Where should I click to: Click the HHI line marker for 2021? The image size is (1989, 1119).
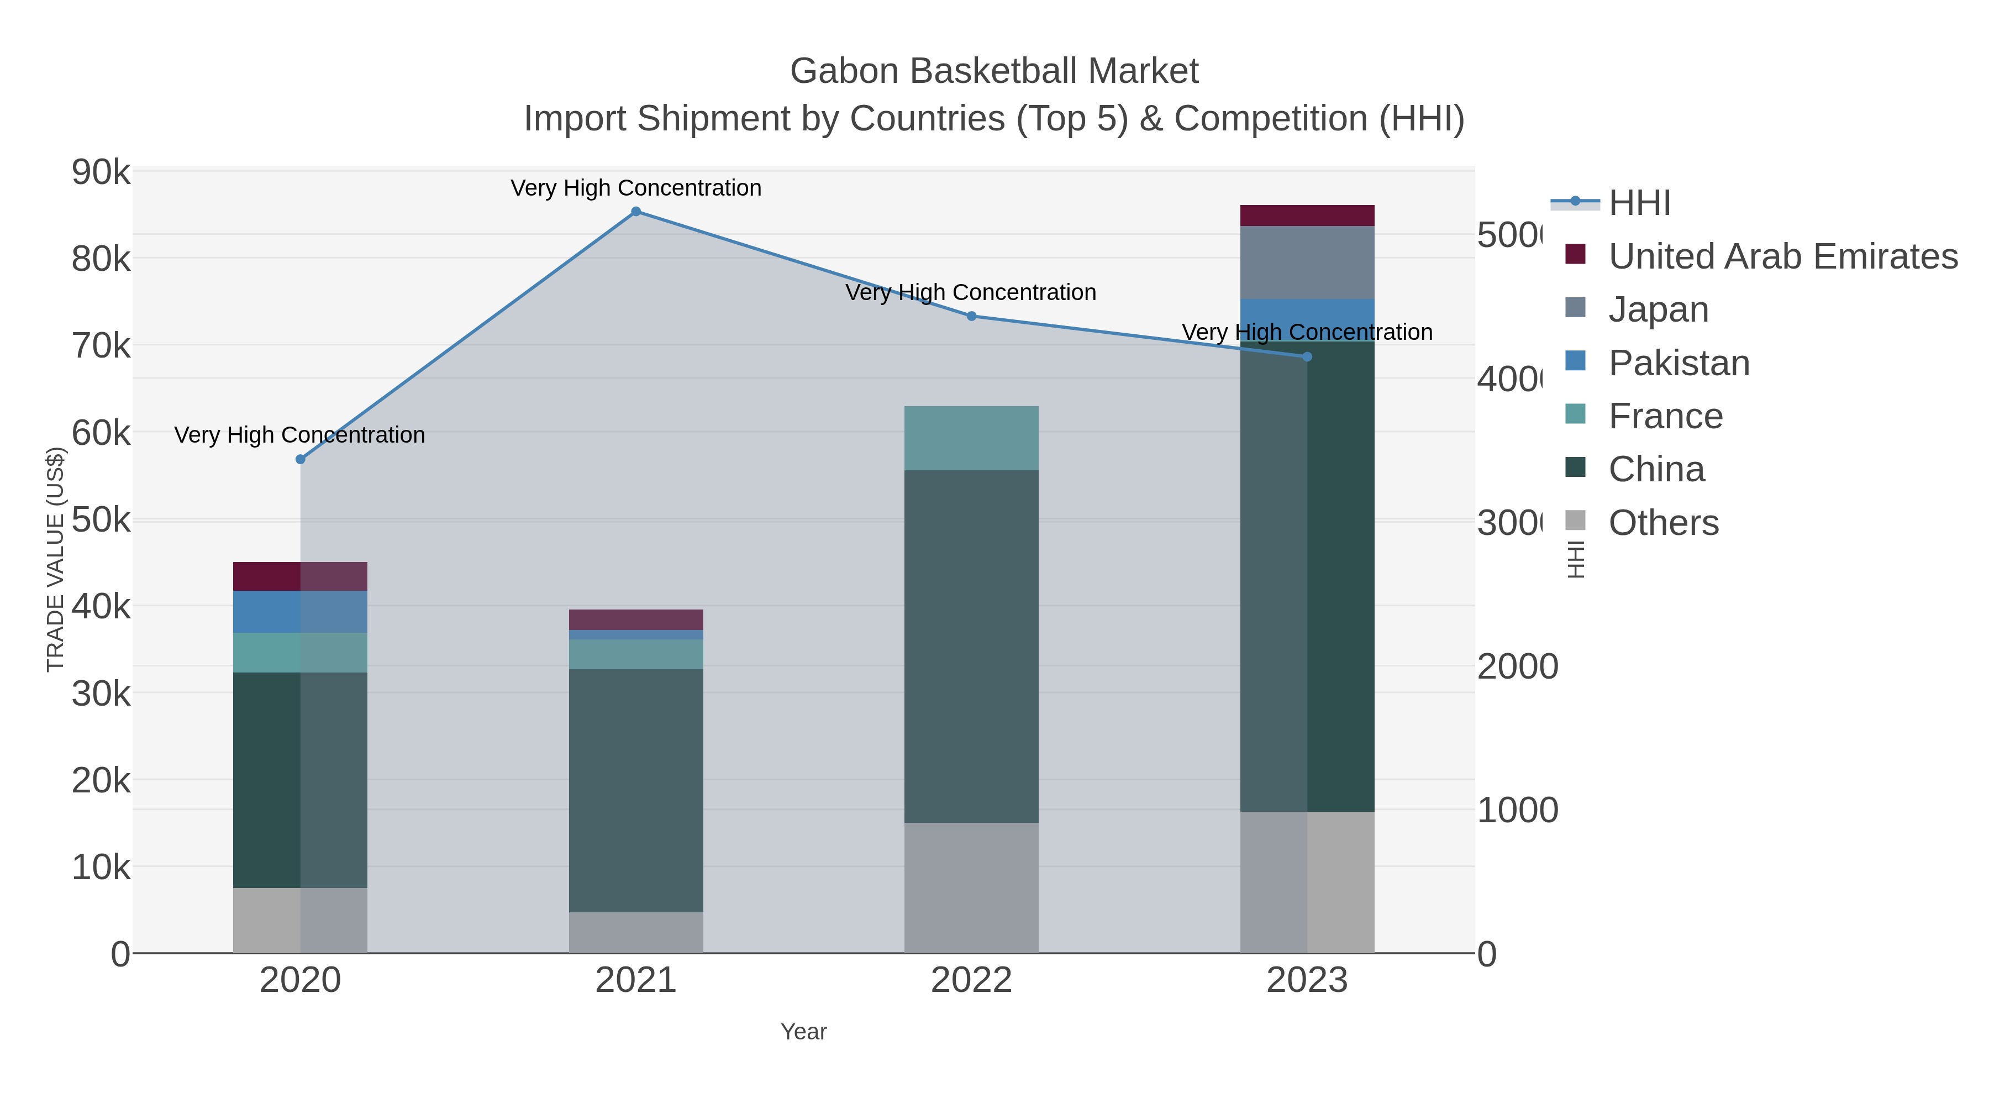click(x=636, y=212)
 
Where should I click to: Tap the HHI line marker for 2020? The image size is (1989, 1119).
click(x=301, y=460)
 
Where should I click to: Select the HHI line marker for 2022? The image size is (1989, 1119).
click(x=971, y=316)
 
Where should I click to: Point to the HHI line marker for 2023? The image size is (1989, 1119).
click(x=1307, y=357)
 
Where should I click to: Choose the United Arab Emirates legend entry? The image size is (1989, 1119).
click(x=1782, y=256)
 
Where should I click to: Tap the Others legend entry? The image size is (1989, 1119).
click(x=1663, y=522)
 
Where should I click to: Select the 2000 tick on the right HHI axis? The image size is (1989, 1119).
click(x=1517, y=666)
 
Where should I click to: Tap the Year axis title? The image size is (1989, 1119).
click(x=804, y=1032)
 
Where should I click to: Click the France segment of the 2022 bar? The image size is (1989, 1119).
click(x=971, y=438)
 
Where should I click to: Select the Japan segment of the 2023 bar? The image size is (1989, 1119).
click(x=1307, y=262)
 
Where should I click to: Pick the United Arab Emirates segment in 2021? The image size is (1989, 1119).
click(x=636, y=619)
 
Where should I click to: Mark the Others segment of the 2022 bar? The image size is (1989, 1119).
click(x=971, y=887)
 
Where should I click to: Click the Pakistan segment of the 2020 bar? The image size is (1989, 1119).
click(x=301, y=612)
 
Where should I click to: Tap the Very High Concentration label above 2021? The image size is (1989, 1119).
click(x=636, y=188)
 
